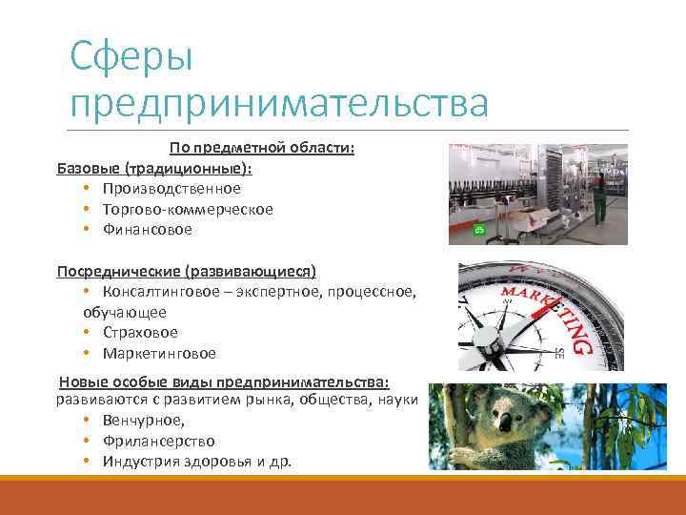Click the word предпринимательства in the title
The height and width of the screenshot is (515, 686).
coord(278,102)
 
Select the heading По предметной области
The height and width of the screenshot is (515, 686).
coord(262,148)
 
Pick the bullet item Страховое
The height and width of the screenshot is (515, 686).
coord(140,333)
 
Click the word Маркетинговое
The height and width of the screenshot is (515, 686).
coord(159,354)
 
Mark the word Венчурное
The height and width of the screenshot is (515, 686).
coord(144,421)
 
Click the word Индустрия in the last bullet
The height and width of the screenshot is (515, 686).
coord(140,463)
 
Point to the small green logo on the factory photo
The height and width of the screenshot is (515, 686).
coord(480,230)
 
